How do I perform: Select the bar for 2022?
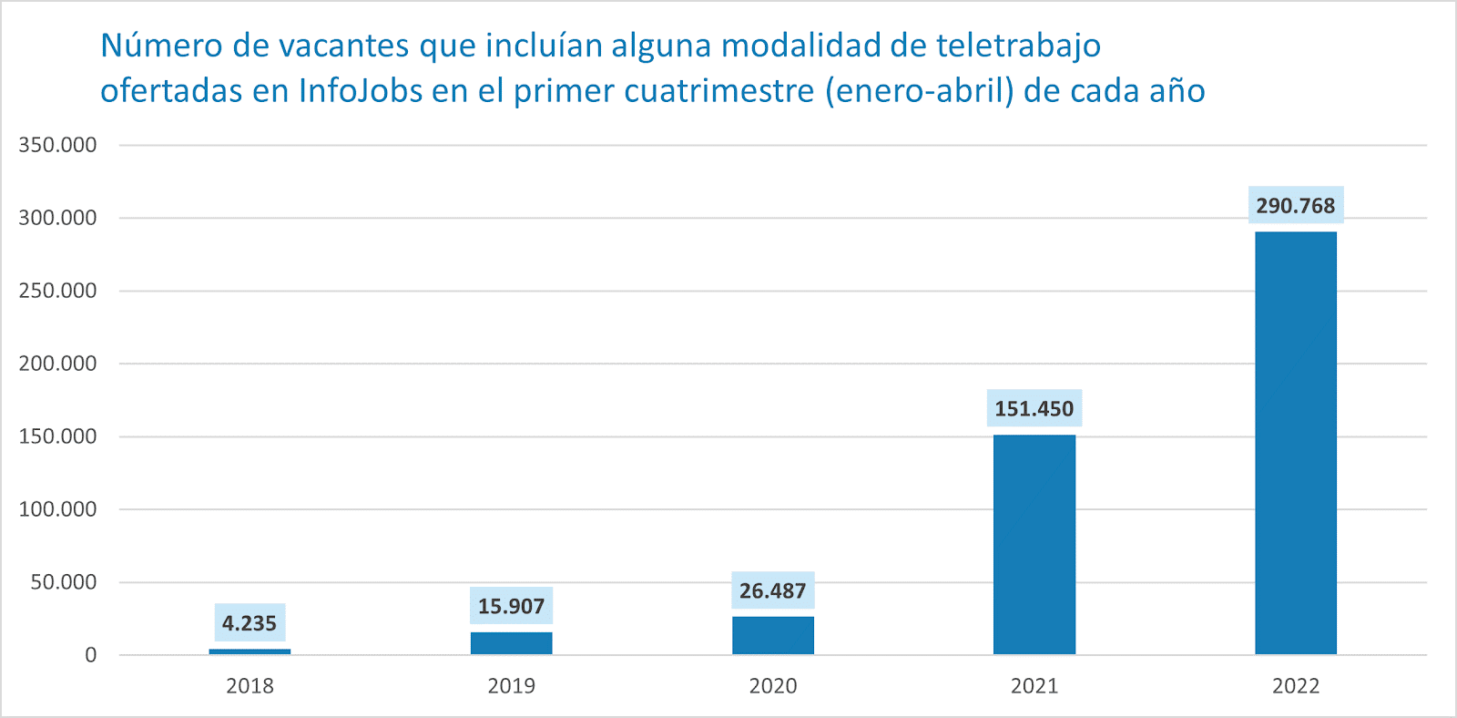1295,443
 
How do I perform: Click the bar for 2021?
1034,544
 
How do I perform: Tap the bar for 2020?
773,635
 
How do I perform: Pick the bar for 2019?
511,642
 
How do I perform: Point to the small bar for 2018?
250,651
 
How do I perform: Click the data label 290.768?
1295,206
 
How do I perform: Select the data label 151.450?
1034,409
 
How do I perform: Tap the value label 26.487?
773,590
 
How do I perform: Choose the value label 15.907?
511,606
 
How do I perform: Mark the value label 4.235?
250,623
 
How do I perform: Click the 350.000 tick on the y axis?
57,145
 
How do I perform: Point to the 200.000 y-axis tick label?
57,364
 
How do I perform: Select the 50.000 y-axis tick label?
63,582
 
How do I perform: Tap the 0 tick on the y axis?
90,655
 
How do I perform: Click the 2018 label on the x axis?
250,686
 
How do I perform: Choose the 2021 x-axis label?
1034,686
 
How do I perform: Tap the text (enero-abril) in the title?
919,91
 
